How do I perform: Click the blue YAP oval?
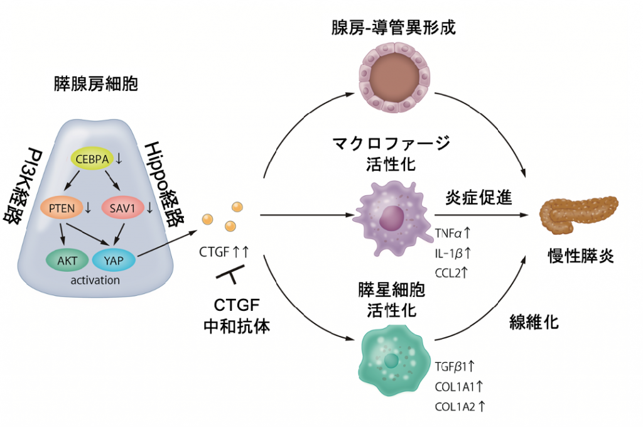pyautogui.click(x=114, y=258)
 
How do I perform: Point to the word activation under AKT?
pyautogui.click(x=95, y=280)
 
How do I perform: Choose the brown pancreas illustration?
pyautogui.click(x=578, y=213)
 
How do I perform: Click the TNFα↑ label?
pyautogui.click(x=453, y=234)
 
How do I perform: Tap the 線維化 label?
pyautogui.click(x=533, y=323)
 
